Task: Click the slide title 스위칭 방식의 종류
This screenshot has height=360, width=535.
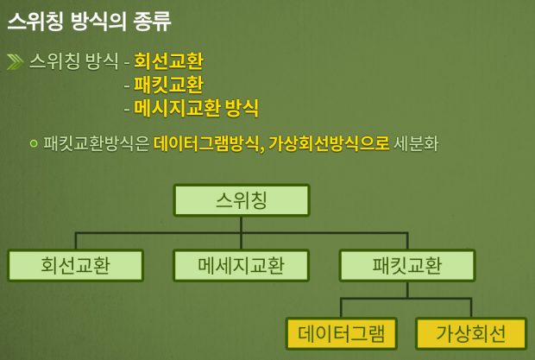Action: [89, 20]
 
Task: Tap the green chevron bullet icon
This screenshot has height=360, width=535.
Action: [16, 61]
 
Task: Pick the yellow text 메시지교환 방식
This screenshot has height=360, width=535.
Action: [197, 108]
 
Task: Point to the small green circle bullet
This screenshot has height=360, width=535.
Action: [34, 142]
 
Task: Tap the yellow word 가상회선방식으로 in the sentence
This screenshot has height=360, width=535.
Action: [329, 142]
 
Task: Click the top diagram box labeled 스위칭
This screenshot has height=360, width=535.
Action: [241, 200]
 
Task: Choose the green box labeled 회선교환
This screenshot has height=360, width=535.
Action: [75, 265]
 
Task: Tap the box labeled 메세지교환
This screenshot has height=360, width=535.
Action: [241, 265]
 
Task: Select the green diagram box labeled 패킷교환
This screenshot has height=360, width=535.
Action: [406, 265]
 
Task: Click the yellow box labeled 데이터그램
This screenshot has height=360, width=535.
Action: [341, 333]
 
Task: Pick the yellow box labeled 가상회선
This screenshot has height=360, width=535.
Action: [471, 333]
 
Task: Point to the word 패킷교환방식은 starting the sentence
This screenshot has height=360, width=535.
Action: [96, 142]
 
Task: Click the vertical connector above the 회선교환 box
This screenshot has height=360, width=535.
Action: [75, 241]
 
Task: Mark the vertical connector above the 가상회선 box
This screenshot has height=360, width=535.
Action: [471, 308]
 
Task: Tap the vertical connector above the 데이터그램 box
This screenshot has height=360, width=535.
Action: [341, 308]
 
